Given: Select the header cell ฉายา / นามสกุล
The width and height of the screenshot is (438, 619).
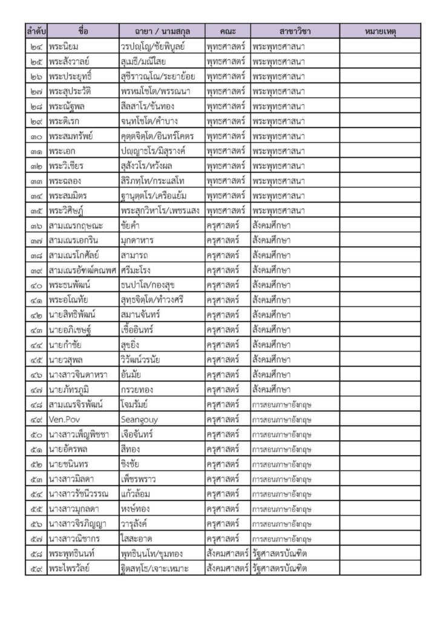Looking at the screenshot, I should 160,30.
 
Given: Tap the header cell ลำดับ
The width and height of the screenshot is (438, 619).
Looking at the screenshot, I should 36,30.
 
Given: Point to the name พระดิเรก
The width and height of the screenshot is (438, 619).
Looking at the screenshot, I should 67,120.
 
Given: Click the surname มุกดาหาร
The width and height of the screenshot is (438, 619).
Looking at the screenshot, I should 137,240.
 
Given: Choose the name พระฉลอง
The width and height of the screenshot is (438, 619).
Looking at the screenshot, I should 66,180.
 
